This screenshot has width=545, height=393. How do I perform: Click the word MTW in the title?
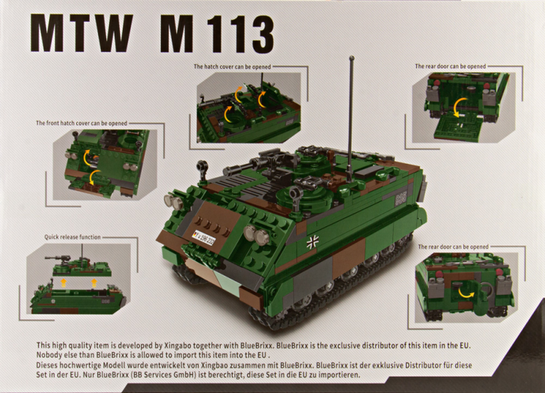coord(81,33)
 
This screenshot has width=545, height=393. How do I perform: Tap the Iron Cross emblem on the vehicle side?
coord(312,242)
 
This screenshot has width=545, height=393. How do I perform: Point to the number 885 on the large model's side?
coord(401,199)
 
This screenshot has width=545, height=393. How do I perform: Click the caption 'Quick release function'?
coord(72,237)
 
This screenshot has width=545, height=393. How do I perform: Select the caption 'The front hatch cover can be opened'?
coord(81,123)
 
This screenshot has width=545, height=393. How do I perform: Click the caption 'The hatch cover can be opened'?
coord(233,66)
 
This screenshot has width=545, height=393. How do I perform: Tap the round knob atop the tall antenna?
coord(352,57)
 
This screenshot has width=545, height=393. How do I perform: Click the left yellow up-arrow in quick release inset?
coord(63,282)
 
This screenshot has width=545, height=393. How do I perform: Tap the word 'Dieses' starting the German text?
coord(47,365)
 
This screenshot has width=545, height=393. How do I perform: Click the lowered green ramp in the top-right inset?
coord(458,128)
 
